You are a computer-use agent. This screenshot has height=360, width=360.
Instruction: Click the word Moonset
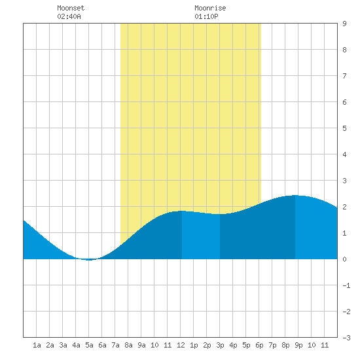pos(71,8)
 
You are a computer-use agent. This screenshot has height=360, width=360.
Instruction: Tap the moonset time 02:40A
pos(69,16)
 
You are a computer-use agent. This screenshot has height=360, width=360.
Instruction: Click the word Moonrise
pos(210,8)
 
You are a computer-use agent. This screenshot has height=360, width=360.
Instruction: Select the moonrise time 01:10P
pos(206,16)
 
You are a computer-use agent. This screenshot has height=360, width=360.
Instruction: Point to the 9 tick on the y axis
pos(344,24)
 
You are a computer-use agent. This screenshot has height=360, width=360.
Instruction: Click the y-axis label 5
pos(344,128)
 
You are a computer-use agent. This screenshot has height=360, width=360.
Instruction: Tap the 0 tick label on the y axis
pos(344,259)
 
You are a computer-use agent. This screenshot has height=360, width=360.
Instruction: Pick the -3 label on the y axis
pos(346,338)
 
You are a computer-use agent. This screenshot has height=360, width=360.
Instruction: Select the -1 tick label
pos(346,285)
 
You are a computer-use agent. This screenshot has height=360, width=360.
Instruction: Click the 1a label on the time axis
pos(37,345)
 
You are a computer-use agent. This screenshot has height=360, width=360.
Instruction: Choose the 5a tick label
pos(89,345)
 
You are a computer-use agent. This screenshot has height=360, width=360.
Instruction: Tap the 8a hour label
pos(128,345)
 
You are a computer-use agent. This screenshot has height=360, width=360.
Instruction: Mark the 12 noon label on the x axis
pos(181,345)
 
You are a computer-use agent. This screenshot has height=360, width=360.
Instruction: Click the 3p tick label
pos(220,345)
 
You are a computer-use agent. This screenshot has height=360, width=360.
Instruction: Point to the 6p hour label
pos(259,345)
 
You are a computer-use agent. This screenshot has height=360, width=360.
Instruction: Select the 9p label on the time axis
pos(298,345)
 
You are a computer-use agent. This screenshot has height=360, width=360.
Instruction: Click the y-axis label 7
pos(344,76)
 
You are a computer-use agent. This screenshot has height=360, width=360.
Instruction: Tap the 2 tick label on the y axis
pos(344,207)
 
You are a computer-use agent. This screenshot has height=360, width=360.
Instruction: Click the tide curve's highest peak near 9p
pos(295,196)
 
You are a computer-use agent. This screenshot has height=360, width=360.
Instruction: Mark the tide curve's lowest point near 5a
pos(89,260)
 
